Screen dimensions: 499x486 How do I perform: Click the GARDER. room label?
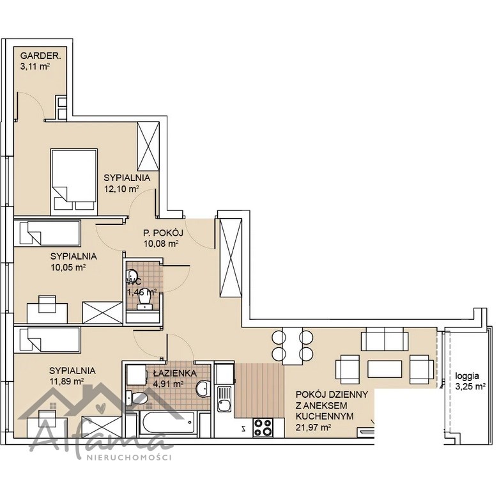pos(40,56)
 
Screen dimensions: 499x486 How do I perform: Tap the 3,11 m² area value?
pos(36,67)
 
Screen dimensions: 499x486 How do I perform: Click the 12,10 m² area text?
pos(122,189)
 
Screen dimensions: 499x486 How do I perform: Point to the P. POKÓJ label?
pos(164,233)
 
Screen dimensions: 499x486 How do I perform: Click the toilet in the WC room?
pos(145,299)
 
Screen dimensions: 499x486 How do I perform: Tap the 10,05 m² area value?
pos(68,267)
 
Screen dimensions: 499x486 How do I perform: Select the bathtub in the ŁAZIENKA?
pos(167,422)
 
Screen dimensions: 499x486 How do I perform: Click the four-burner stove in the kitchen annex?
pos(263,427)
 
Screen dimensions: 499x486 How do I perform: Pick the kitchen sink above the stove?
pos(225,398)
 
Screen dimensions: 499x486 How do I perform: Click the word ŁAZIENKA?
pos(174,373)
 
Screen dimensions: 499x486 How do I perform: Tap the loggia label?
pos(467,376)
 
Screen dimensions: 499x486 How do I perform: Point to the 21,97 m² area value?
pos(314,428)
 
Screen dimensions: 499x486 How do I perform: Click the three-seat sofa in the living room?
pos(385,339)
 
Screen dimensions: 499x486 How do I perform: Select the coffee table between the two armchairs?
pos(385,369)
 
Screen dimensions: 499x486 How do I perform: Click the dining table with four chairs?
pos(293,345)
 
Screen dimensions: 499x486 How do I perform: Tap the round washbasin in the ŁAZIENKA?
pos(202,389)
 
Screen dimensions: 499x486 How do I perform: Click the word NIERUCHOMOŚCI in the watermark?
pos(129,458)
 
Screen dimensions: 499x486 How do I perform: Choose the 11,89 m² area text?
pos(66,382)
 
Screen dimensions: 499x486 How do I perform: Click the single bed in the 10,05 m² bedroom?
pos(47,233)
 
